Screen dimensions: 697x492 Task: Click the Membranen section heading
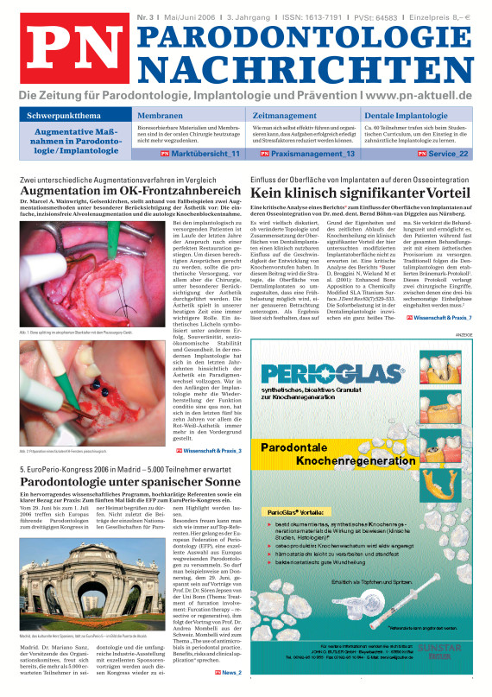tap(160, 115)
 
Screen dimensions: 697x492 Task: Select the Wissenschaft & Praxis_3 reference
tap(210, 450)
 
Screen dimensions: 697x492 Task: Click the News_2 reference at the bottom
tap(229, 671)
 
